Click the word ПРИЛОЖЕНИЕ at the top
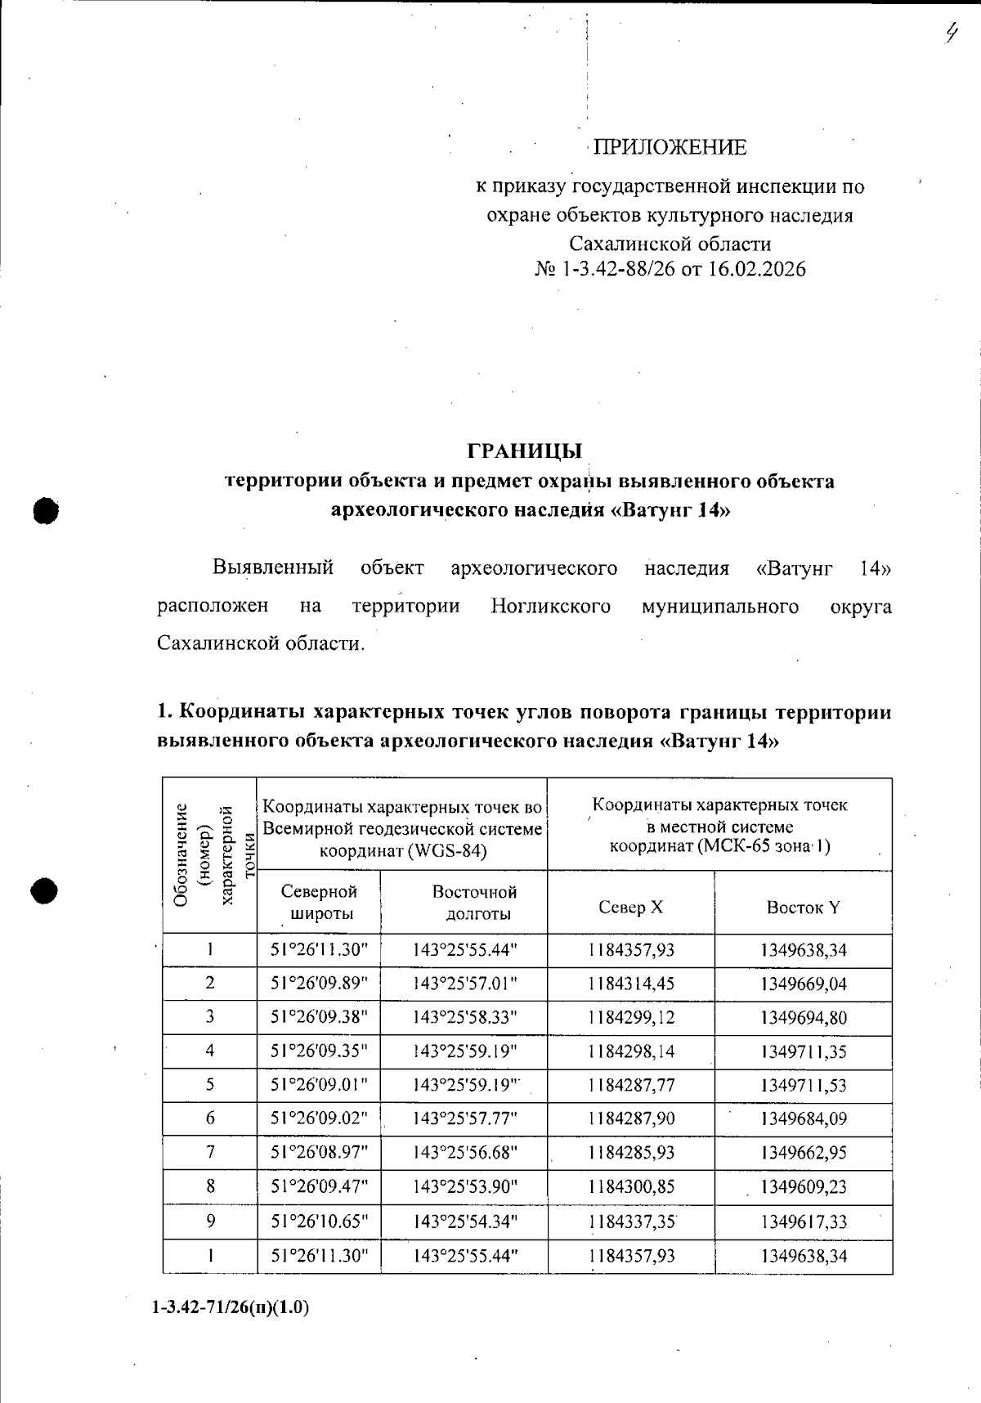pos(669,147)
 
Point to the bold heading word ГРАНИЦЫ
pos(524,450)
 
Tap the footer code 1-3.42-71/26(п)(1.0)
pos(231,1307)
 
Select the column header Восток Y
pos(803,907)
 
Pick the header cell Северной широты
pos(318,902)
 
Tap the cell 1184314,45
pos(630,984)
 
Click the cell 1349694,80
pos(803,1018)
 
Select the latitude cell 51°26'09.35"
pos(319,1051)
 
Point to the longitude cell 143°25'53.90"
pos(464,1186)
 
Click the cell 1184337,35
pos(630,1221)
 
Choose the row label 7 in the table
pos(210,1152)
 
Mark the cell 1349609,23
pos(803,1186)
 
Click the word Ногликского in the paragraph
pos(550,607)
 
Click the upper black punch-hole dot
pos(47,510)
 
